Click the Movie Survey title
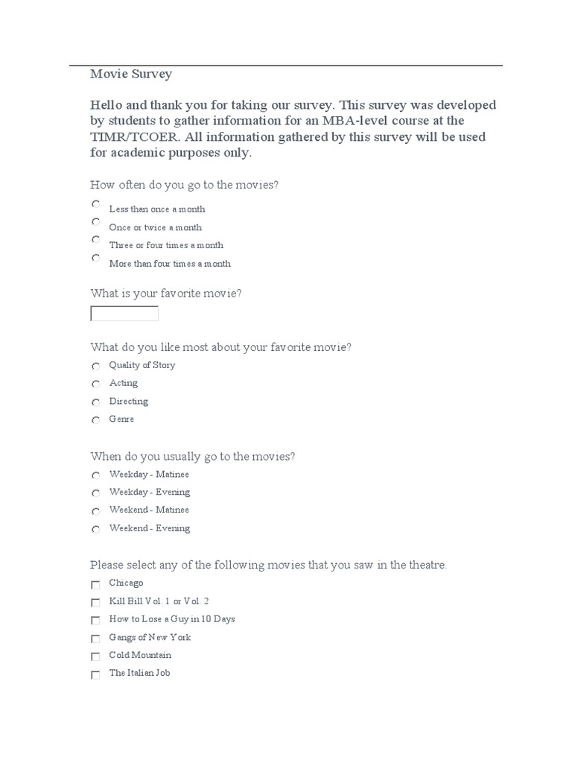[131, 74]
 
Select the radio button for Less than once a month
[95, 204]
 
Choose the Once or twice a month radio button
[95, 222]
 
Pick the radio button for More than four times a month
[95, 258]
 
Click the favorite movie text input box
[124, 314]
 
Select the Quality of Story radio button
[95, 366]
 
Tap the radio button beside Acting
[95, 384]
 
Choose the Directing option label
[129, 401]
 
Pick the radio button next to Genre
[95, 420]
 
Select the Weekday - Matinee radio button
[95, 475]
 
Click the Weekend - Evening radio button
[95, 529]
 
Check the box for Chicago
[95, 585]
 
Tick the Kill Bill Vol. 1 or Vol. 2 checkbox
[95, 603]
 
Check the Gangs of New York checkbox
[95, 639]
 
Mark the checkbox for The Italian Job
[95, 675]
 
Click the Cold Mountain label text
[140, 655]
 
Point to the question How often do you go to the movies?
[184, 184]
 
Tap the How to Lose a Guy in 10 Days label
[172, 619]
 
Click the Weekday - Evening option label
[150, 492]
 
